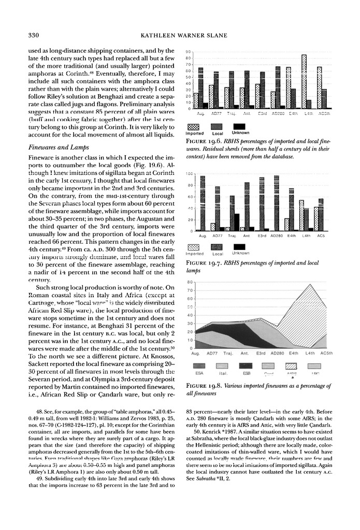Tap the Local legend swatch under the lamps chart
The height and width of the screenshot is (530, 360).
click(218, 246)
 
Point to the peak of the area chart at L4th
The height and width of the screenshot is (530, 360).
click(310, 284)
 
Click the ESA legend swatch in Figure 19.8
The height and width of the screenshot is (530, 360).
click(198, 366)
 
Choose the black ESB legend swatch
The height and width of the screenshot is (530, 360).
click(246, 366)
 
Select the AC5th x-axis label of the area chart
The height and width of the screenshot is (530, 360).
click(326, 354)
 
